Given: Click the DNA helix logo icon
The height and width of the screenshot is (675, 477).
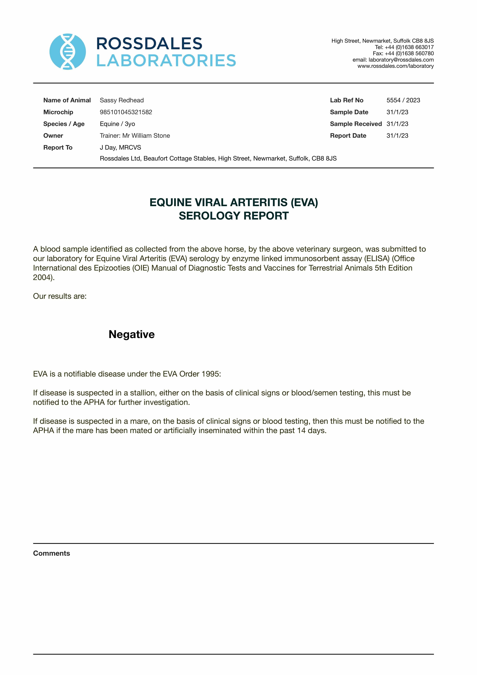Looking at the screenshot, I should (68, 52).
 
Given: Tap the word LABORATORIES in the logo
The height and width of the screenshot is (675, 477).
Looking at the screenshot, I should (166, 61).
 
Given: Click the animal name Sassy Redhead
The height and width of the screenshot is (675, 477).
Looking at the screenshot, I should (122, 100).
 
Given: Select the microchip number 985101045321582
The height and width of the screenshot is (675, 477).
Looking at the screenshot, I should (126, 112).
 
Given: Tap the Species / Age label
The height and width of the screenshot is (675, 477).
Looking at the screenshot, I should (64, 124).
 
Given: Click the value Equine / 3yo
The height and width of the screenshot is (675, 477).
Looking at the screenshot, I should (117, 124).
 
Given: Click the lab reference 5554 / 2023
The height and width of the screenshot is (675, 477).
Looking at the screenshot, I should (403, 100).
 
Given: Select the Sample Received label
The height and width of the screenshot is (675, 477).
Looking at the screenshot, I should (355, 124).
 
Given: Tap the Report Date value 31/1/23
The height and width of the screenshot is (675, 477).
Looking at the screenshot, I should (397, 136).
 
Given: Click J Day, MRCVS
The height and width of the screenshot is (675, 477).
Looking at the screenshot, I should (120, 147).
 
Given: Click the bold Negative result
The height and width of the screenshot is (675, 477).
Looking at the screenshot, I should (132, 334).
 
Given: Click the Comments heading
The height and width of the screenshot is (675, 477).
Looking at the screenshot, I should (51, 553).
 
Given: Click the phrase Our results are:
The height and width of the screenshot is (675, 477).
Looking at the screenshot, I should (60, 296).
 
